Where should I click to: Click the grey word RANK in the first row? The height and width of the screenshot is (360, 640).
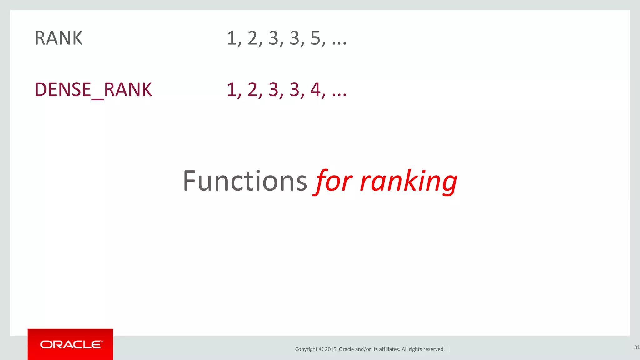(58, 38)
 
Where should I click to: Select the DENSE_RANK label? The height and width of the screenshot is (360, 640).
(93, 89)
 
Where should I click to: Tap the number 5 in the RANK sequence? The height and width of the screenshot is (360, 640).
(316, 38)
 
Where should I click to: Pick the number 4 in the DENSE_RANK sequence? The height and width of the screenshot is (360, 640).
(316, 89)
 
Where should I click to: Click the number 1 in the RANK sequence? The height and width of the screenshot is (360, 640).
(232, 38)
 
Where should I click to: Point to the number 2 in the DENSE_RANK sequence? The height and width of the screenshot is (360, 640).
(252, 89)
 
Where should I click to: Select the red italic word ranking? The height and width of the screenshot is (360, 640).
(408, 181)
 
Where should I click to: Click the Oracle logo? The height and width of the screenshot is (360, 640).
(71, 344)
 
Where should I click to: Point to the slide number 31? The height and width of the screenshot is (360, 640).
(637, 347)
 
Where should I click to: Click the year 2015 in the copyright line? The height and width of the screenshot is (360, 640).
(331, 349)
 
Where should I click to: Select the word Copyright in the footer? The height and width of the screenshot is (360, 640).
(306, 349)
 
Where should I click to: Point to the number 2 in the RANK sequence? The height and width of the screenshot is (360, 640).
(252, 38)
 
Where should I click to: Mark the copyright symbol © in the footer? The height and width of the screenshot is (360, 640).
(321, 349)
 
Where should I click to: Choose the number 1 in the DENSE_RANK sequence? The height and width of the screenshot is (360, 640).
(232, 89)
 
